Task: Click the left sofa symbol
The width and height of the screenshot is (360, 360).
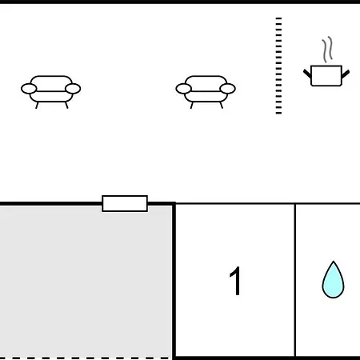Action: (50, 90)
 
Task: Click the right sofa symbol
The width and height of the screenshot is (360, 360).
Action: (206, 90)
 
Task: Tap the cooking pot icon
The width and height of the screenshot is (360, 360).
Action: (326, 76)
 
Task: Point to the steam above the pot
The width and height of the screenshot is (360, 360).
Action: (327, 50)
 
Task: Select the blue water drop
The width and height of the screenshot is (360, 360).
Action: (333, 280)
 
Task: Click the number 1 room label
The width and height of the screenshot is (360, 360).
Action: (235, 281)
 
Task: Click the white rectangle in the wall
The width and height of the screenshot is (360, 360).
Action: (125, 203)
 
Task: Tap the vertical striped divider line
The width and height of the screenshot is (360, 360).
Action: (278, 66)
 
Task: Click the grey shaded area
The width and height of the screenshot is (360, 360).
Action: (86, 282)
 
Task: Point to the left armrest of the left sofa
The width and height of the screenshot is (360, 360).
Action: (29, 89)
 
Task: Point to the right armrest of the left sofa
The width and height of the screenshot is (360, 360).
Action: (73, 89)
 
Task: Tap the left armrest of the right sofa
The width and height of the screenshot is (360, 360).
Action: (183, 89)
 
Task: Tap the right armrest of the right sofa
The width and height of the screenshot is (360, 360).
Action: (227, 89)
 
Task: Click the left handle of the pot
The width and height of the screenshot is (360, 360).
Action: (307, 74)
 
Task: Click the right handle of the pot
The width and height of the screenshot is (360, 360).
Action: (346, 74)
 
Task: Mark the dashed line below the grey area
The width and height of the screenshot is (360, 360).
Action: (85, 358)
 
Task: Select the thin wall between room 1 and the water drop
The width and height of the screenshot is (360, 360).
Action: (295, 280)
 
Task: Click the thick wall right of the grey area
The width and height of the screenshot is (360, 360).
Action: (174, 281)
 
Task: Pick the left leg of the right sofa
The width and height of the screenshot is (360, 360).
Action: (191, 106)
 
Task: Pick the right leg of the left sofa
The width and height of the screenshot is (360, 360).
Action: (66, 106)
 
